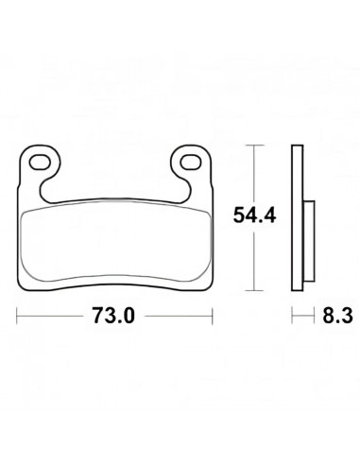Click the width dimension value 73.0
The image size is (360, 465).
[x=114, y=316]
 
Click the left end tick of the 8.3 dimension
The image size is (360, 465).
[x=292, y=316]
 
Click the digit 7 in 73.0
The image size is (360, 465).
[x=100, y=316]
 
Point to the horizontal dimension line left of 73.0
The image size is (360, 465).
[x=52, y=316]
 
